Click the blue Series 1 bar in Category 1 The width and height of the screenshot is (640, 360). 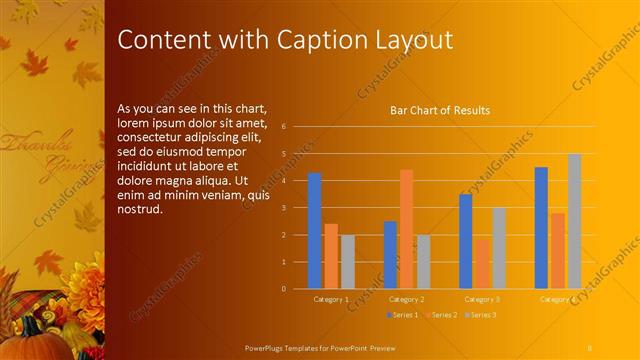pyautogui.click(x=314, y=231)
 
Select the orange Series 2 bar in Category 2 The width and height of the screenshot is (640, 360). pyautogui.click(x=406, y=229)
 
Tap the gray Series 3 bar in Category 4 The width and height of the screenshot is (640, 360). pyautogui.click(x=575, y=221)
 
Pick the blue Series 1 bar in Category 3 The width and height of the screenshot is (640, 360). pyautogui.click(x=465, y=241)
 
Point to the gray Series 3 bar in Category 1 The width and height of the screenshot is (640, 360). pyautogui.click(x=348, y=262)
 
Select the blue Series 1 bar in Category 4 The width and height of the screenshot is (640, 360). pyautogui.click(x=541, y=228)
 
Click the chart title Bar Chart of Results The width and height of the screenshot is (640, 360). pyautogui.click(x=439, y=110)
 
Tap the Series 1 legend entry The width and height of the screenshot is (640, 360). pyautogui.click(x=402, y=315)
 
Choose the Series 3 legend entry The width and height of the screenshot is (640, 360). pyautogui.click(x=480, y=315)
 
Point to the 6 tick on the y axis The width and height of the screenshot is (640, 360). pyautogui.click(x=284, y=127)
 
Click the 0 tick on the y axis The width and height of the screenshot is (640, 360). pyautogui.click(x=284, y=289)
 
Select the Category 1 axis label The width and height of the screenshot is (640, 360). pyautogui.click(x=331, y=300)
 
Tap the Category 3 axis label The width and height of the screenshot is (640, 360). pyautogui.click(x=483, y=300)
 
